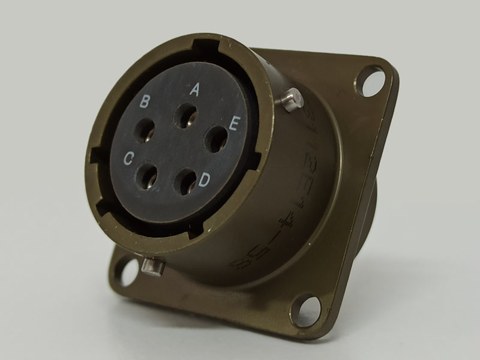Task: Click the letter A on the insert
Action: pos(194,90)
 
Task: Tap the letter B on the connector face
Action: pos(145,101)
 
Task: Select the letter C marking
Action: pos(128,158)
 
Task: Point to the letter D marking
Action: pos(205,179)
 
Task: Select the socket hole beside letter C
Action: pos(146,176)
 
